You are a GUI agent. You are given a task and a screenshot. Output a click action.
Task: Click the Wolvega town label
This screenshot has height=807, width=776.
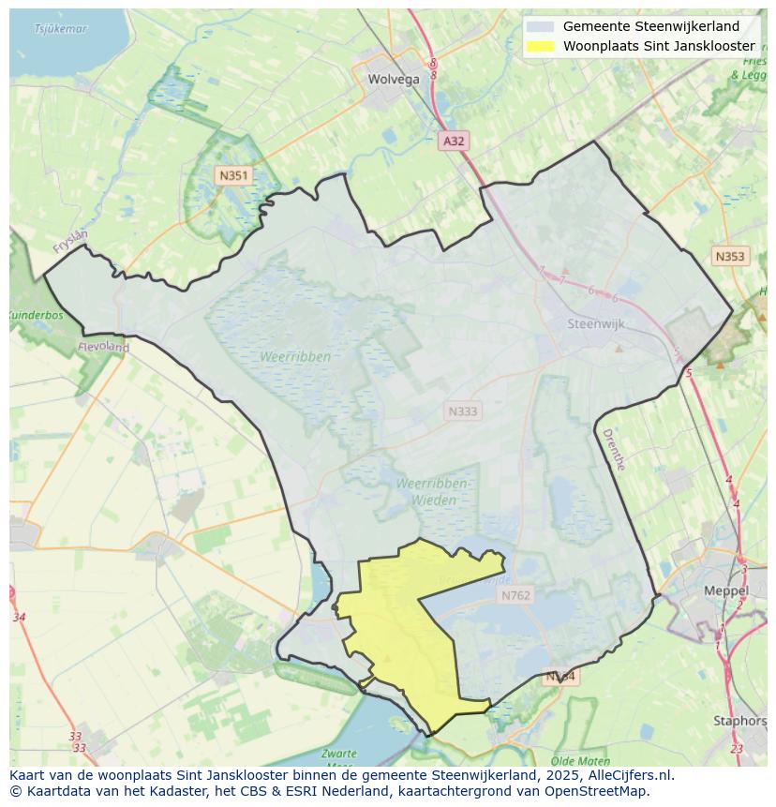click(x=394, y=80)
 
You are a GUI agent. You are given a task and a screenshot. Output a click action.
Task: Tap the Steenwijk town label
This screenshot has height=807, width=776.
click(x=596, y=323)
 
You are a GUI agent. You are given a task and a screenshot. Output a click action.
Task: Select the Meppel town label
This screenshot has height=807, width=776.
click(x=726, y=591)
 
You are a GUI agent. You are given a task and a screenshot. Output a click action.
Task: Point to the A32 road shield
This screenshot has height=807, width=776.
click(x=454, y=141)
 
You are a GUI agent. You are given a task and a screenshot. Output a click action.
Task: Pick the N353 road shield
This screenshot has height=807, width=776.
click(x=729, y=256)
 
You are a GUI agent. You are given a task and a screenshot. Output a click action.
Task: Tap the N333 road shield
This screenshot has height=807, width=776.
click(x=462, y=411)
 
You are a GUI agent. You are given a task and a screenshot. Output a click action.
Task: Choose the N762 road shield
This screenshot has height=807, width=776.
click(x=515, y=595)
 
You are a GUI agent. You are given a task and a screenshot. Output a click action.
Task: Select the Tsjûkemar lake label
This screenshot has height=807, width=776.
click(x=60, y=29)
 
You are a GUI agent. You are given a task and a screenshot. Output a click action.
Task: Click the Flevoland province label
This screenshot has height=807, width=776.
click(x=104, y=347)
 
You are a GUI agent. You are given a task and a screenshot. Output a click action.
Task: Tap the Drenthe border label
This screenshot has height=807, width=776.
click(x=613, y=449)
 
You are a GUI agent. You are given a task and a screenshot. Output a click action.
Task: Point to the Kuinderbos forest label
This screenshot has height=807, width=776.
click(x=36, y=316)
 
